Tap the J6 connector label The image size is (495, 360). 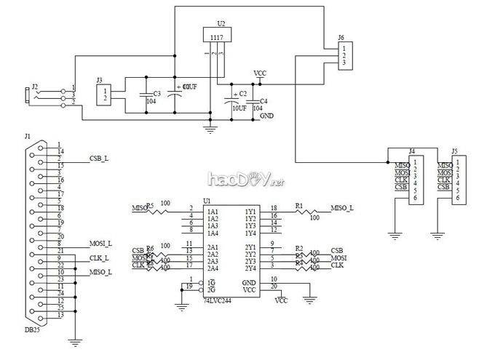[341, 36]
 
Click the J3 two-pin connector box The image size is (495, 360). [105, 94]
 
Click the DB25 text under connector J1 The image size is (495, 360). [33, 330]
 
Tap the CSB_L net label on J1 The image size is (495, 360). [99, 158]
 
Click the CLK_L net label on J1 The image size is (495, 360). [99, 257]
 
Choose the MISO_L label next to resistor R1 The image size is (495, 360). [342, 208]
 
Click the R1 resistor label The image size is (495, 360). [298, 206]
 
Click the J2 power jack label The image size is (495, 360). [33, 86]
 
